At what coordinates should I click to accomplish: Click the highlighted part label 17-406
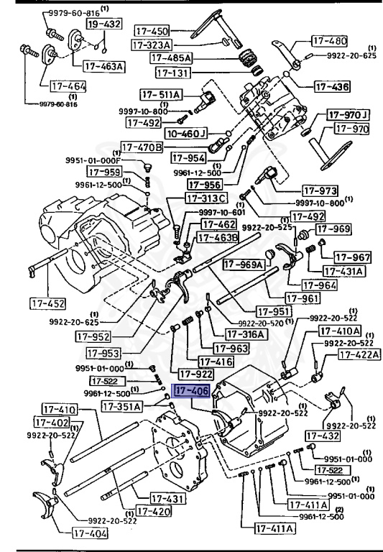coord(190,391)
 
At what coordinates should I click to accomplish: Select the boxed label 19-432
coord(104,24)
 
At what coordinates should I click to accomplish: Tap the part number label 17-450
coord(152,31)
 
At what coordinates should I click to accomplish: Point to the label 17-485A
coord(171,57)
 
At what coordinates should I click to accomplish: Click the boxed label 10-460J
coord(186,134)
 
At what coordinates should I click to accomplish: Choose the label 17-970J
coord(349,115)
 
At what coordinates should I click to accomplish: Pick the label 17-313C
coord(207,198)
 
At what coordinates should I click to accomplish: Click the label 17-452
coord(48,303)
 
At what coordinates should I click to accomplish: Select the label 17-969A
coord(244,264)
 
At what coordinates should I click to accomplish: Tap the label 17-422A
coord(359,354)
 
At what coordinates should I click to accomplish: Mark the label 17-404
coord(90,533)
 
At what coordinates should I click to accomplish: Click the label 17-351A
coord(122,407)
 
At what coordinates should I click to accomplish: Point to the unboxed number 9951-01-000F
coord(93,160)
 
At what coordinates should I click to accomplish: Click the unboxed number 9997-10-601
coord(222,212)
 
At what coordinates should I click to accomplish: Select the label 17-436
coord(332,86)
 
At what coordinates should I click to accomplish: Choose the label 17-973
coord(320,190)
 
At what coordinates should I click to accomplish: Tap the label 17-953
coord(103,353)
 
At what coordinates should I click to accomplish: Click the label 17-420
coord(154,511)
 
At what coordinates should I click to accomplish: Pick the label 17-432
coord(323,436)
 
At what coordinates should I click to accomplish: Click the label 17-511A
coord(161,95)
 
